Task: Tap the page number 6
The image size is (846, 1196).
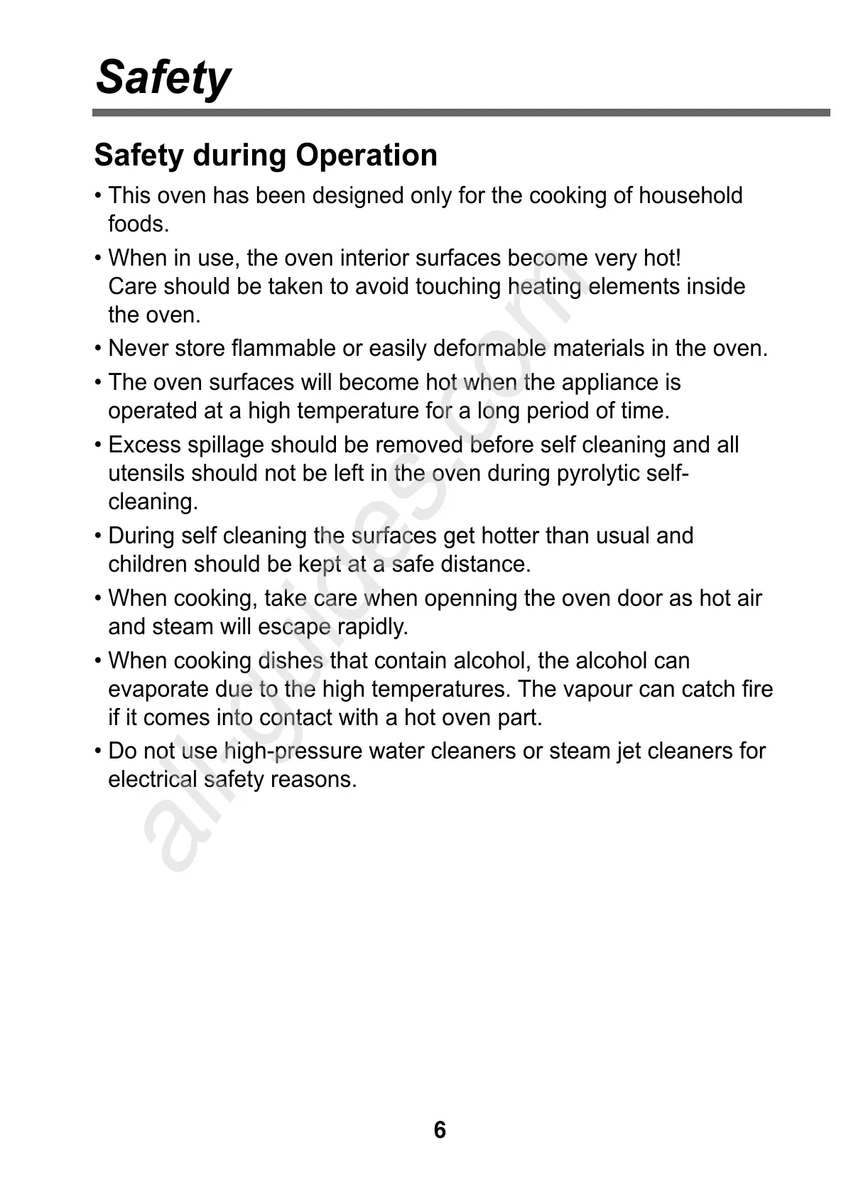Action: [x=440, y=1130]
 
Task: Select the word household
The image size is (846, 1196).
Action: [x=690, y=195]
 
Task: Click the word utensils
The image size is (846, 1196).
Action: [x=146, y=474]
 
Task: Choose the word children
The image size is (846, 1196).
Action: [x=147, y=565]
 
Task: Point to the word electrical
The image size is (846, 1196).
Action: [x=152, y=780]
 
